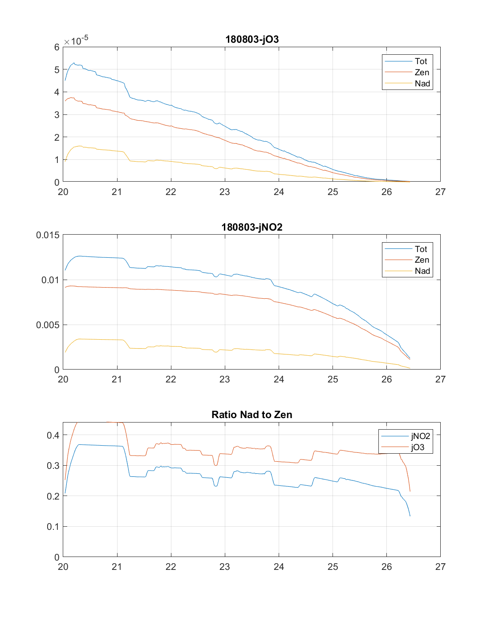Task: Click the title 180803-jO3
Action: pyautogui.click(x=252, y=39)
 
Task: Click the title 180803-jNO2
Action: pyautogui.click(x=252, y=227)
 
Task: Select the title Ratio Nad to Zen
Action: pyautogui.click(x=252, y=415)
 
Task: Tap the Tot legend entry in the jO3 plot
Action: pyautogui.click(x=421, y=61)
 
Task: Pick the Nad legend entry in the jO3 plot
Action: pyautogui.click(x=422, y=83)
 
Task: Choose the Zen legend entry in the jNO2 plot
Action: pyautogui.click(x=422, y=260)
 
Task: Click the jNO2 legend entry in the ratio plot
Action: pyautogui.click(x=420, y=436)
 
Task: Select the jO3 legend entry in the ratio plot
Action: pyautogui.click(x=418, y=447)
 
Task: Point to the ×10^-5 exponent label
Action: pyautogui.click(x=76, y=41)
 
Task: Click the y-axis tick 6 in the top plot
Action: pyautogui.click(x=57, y=47)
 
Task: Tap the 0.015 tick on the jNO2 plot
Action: pyautogui.click(x=48, y=235)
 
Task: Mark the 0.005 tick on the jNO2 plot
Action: pyautogui.click(x=48, y=325)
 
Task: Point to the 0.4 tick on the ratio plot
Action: pyautogui.click(x=53, y=435)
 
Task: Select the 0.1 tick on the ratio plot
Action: pyautogui.click(x=53, y=527)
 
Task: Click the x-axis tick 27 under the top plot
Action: pyautogui.click(x=440, y=192)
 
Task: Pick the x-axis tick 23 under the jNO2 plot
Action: pyautogui.click(x=225, y=379)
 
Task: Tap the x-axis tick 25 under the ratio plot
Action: pyautogui.click(x=333, y=567)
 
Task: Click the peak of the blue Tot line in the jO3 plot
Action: pyautogui.click(x=74, y=63)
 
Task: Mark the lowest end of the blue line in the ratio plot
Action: pyautogui.click(x=410, y=516)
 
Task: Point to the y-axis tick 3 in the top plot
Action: pyautogui.click(x=57, y=115)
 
